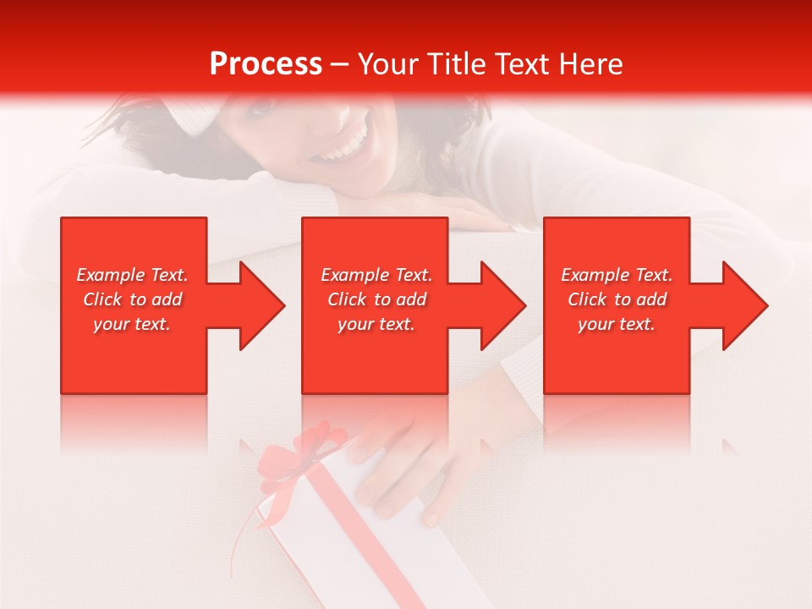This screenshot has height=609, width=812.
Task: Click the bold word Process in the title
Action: click(x=266, y=63)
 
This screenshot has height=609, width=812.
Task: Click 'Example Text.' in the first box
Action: click(x=132, y=275)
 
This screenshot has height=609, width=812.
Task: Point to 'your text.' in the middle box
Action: click(x=376, y=324)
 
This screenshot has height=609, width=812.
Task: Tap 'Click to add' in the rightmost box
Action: click(x=617, y=299)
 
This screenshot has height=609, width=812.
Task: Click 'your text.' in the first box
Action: click(x=132, y=324)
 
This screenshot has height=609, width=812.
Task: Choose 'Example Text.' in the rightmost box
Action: click(x=617, y=275)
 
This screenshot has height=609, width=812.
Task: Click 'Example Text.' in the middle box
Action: click(x=376, y=275)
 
